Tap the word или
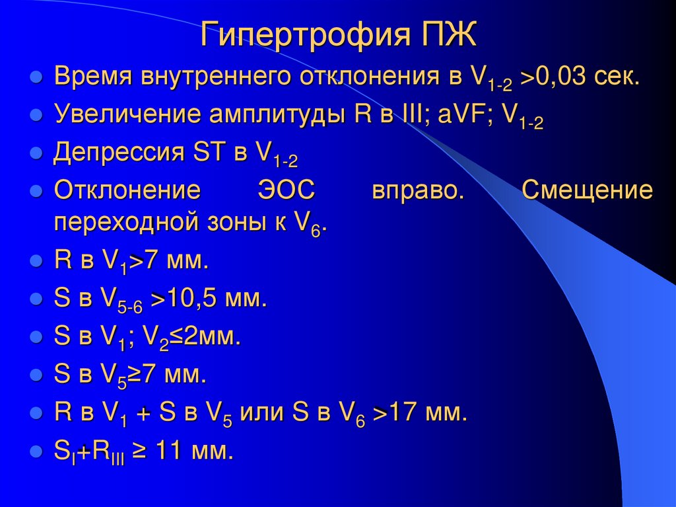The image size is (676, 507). click(266, 414)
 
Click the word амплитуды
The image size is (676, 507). click(275, 114)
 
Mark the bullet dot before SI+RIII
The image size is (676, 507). click(36, 453)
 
